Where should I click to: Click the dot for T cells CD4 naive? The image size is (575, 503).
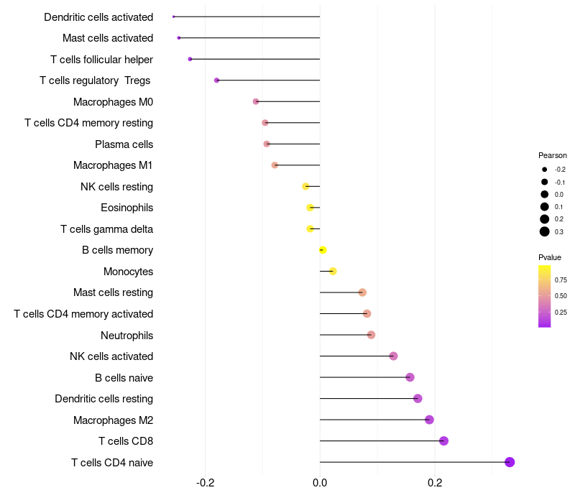point(510,462)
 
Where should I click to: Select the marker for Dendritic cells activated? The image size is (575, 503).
point(174,17)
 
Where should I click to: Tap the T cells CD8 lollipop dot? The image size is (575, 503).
point(443,440)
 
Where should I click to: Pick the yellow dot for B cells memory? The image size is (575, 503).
point(323,250)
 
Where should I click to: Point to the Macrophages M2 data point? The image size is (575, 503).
point(429,420)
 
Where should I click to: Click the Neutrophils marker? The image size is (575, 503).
point(371,335)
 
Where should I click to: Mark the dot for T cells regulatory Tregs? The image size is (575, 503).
point(216,80)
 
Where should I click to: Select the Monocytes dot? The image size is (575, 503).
point(333,271)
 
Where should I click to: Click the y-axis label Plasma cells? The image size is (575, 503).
point(124,144)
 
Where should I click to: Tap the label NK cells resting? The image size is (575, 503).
point(116,187)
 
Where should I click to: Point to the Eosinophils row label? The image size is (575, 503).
point(126,208)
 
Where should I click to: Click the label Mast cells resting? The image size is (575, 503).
point(113,292)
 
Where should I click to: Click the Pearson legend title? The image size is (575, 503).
point(553,155)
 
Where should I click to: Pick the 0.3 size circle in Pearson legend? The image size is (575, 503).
point(545,231)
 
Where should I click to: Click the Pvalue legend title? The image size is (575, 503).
point(550,257)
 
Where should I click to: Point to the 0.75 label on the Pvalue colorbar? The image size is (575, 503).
point(561,280)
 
